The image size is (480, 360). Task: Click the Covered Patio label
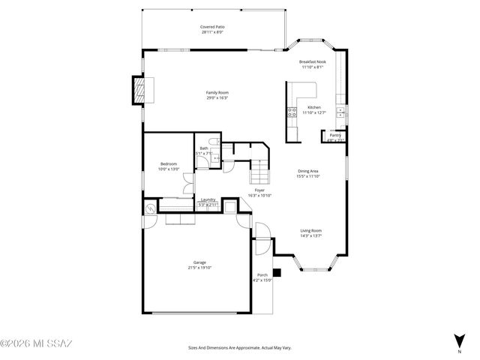pyautogui.click(x=212, y=26)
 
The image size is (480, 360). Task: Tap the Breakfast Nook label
pyautogui.click(x=312, y=61)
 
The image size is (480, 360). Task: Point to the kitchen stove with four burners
pyautogui.click(x=290, y=114)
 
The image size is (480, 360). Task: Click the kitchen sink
pyautogui.click(x=340, y=112)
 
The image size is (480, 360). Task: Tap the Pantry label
pyautogui.click(x=335, y=135)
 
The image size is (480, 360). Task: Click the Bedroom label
pyautogui.click(x=169, y=164)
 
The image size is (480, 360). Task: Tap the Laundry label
pyautogui.click(x=208, y=199)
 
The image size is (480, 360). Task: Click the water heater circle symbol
pyautogui.click(x=150, y=209)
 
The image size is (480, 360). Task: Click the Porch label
pyautogui.click(x=262, y=274)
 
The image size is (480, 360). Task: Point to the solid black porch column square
pyautogui.click(x=277, y=273)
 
